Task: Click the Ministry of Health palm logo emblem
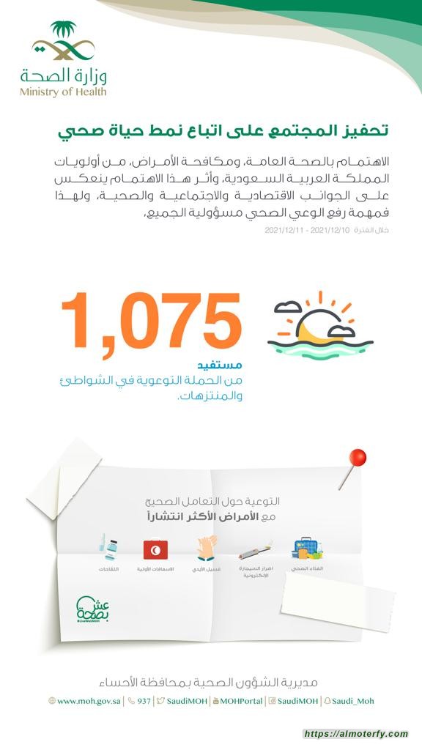pos(63,42)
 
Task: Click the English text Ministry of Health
pos(63,92)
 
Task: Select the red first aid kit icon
pos(155,549)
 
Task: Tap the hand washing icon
pos(205,549)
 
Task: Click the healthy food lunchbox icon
pos(307,549)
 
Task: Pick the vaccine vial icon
pos(108,549)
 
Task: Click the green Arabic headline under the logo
pos(223,132)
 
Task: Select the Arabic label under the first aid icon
pos(155,568)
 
